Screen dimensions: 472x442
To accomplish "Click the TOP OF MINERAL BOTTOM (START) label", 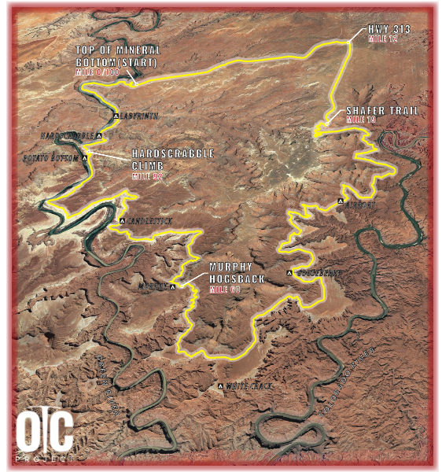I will [x=117, y=56].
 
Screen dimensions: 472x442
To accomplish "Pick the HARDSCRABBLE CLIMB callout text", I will [x=173, y=160].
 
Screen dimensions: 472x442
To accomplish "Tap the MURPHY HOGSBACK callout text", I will [x=234, y=271].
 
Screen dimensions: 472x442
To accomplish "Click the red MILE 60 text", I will [x=225, y=289].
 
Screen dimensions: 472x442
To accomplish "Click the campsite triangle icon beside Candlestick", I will [x=121, y=220].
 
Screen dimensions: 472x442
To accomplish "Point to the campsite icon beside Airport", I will [x=340, y=202].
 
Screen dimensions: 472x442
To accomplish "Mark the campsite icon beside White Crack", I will [x=220, y=386].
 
